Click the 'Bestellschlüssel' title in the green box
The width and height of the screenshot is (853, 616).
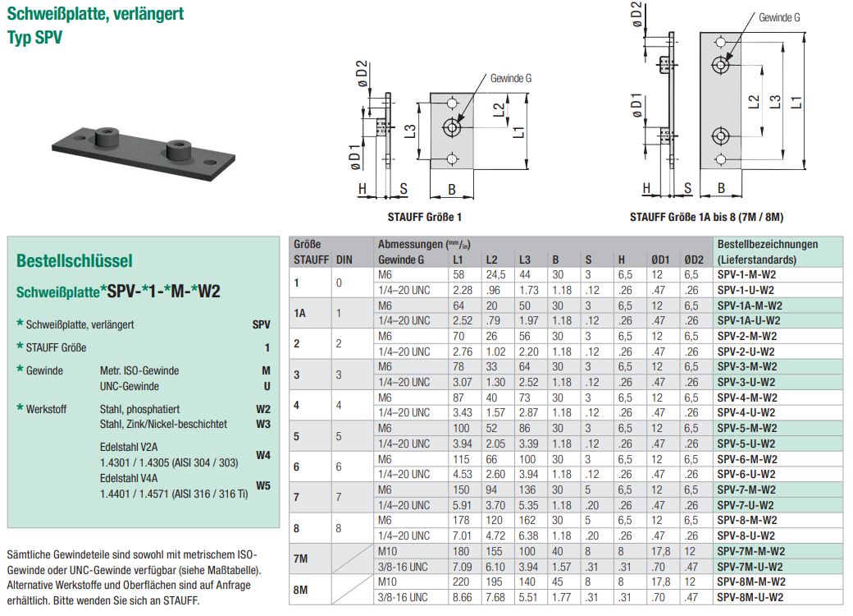(74, 261)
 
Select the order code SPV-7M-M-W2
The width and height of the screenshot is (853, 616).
(750, 551)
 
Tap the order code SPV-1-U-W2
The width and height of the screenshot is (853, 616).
(746, 289)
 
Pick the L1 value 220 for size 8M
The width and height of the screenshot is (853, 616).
(463, 582)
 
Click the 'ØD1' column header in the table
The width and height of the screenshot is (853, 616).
(660, 260)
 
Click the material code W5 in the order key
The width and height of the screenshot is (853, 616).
(262, 485)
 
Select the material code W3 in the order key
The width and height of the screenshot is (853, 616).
(262, 424)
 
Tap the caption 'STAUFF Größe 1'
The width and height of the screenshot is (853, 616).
(430, 218)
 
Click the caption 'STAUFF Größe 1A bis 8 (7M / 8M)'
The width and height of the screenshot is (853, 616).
(706, 218)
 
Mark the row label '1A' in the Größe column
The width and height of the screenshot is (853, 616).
(301, 312)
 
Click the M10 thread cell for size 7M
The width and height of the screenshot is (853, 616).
(388, 551)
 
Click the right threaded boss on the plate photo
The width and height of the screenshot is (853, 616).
(179, 149)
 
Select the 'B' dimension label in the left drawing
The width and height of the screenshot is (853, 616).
(451, 189)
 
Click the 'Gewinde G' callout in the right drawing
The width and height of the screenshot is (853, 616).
(779, 17)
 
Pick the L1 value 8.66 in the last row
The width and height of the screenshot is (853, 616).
(463, 597)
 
